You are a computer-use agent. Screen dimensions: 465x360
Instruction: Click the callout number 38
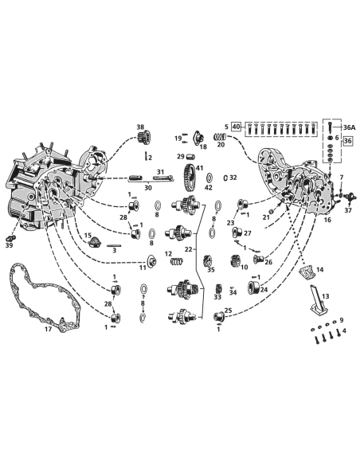pos(140,127)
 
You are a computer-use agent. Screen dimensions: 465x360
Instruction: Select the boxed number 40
pos(237,127)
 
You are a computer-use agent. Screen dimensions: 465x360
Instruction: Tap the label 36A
pos(349,127)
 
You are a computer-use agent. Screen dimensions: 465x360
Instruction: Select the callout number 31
pos(160,173)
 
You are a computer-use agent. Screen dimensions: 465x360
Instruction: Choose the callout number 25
pos(229,311)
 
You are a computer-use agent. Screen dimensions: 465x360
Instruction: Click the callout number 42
pos(208,188)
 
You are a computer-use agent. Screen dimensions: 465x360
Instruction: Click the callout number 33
pos(217,297)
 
